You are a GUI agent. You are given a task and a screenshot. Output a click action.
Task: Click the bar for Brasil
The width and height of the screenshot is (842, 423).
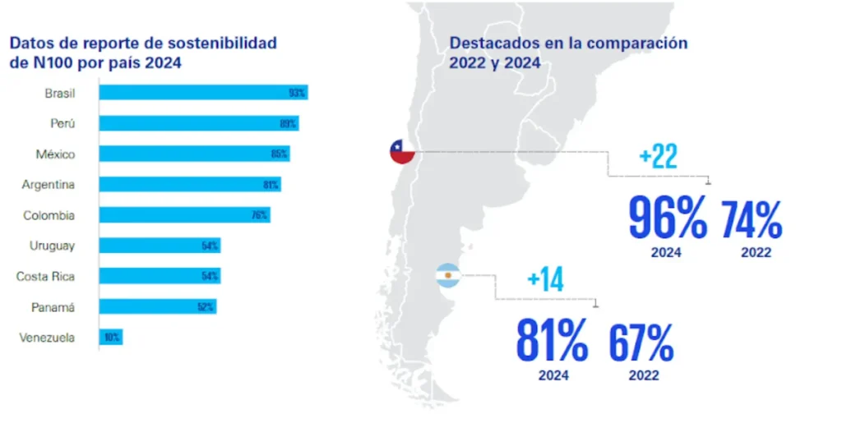[x=203, y=92]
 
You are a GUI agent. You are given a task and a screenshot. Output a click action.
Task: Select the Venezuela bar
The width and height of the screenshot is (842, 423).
[x=111, y=337]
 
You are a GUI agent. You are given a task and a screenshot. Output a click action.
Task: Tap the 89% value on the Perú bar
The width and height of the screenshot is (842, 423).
[x=287, y=123]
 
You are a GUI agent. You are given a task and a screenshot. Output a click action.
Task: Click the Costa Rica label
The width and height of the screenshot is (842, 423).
[x=45, y=276]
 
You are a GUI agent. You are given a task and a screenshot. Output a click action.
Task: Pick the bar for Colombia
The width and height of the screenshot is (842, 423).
[x=184, y=215]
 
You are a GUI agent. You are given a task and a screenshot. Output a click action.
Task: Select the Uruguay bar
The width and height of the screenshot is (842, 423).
[x=160, y=246]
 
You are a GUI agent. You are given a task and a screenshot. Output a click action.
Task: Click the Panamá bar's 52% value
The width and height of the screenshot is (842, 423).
[x=206, y=307]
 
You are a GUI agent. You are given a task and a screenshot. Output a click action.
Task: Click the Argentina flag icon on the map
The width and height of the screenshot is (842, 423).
[x=448, y=275]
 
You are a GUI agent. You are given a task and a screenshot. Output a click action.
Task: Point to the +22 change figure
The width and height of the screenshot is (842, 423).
[x=658, y=157]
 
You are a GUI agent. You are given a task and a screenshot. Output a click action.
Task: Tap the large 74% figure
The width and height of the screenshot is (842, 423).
[x=752, y=219]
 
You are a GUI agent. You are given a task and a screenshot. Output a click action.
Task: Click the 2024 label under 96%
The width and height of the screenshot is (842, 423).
[x=667, y=253]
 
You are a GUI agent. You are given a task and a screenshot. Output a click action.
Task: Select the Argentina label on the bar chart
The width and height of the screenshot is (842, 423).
[x=49, y=185]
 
